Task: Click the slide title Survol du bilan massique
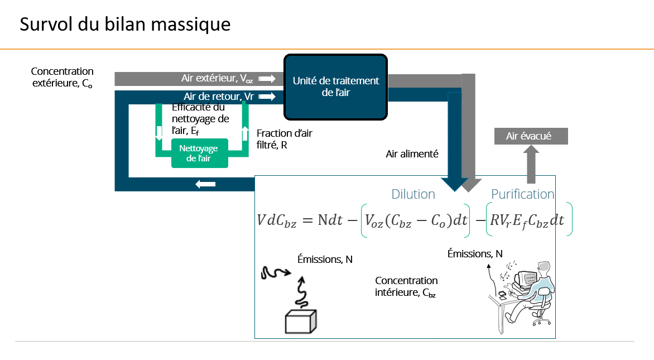coord(125,25)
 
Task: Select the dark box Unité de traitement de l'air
coord(335,87)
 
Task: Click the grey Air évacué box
coord(531,136)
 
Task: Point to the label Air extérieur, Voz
coord(217,79)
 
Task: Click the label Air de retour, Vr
coord(219,97)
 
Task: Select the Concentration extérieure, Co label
coord(62,78)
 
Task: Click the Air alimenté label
coord(412,153)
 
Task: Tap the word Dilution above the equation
coord(413,194)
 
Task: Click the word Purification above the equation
coord(522,194)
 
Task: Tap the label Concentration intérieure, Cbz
coord(406,286)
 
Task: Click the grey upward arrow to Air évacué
coord(531,164)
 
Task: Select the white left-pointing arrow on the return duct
coord(205,184)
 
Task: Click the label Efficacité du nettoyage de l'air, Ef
coord(200,119)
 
